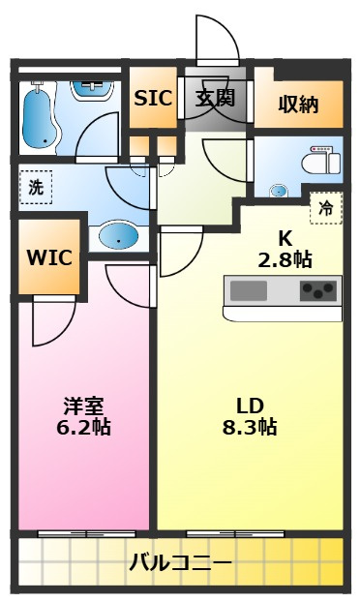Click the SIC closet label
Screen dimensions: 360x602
[x=153, y=98]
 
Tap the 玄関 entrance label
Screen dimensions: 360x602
[x=215, y=99]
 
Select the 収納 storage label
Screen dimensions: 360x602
[x=298, y=104]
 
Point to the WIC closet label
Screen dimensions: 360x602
[x=49, y=257]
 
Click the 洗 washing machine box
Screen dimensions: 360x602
[x=36, y=188]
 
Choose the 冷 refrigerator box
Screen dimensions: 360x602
[x=326, y=208]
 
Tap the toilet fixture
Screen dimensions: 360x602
[x=321, y=163]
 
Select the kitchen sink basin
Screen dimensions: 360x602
[x=249, y=290]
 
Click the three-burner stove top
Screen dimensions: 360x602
[x=318, y=290]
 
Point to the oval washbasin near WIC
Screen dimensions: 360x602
[x=118, y=234]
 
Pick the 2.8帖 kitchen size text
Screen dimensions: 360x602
[x=285, y=260]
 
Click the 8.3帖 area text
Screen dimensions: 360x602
[x=250, y=427]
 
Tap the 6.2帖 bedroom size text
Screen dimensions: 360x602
[x=83, y=427]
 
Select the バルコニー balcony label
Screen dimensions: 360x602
[x=180, y=563]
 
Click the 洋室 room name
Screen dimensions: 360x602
[x=83, y=406]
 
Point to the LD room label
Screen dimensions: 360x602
[x=250, y=406]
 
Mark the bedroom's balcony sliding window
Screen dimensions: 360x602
[x=87, y=533]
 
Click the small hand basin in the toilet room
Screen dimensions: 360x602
[x=278, y=191]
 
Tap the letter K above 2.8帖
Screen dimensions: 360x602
[x=285, y=239]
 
